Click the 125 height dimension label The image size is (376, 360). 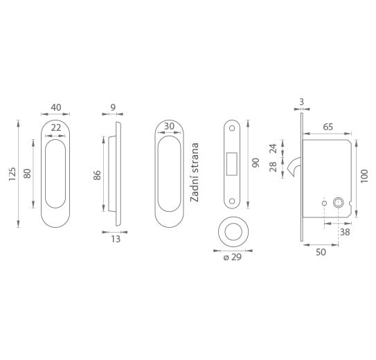12,174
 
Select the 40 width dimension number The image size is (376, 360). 56,107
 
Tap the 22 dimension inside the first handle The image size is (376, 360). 56,128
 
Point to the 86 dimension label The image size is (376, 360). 97,175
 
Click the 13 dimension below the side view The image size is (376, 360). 116,239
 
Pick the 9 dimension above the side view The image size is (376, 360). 113,107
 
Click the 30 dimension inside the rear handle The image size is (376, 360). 169,126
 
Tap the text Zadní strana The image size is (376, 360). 195,172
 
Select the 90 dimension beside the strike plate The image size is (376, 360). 256,163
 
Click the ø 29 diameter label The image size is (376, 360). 233,257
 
